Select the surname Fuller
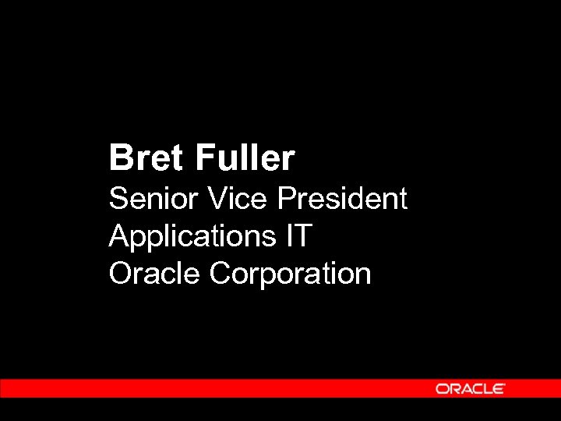[245, 158]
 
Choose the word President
[342, 199]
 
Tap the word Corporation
[291, 274]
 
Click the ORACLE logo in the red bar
[470, 388]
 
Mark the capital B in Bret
[120, 158]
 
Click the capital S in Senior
[118, 199]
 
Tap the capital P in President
[286, 199]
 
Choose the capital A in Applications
[118, 235]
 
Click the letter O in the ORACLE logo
[442, 388]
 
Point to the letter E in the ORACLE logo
[499, 388]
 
